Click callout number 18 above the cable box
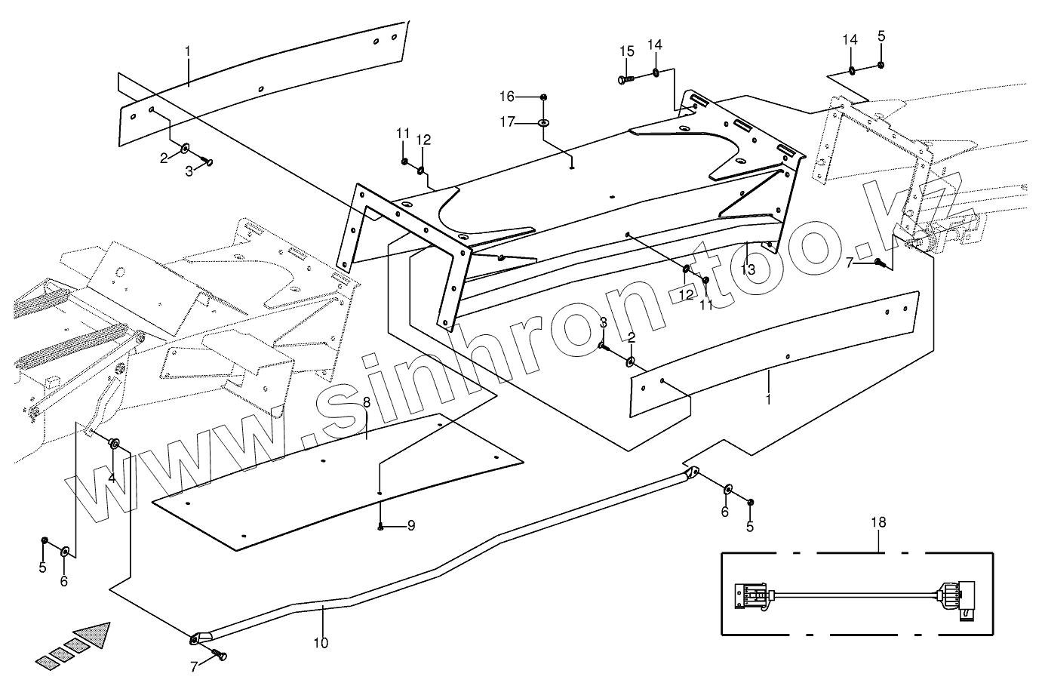(878, 522)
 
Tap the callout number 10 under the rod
(321, 643)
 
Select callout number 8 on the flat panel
(366, 402)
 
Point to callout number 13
(747, 269)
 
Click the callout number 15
(627, 51)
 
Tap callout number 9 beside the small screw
(411, 526)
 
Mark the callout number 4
(111, 478)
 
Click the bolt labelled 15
(623, 78)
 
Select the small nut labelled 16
(543, 97)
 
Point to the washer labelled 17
(543, 121)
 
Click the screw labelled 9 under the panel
(381, 526)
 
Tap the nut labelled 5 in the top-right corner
(881, 66)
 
